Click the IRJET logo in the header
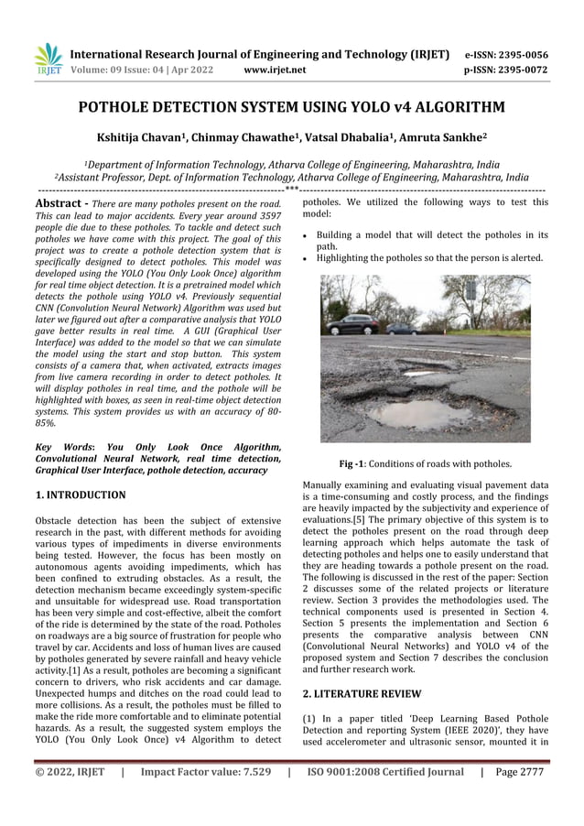coord(47,60)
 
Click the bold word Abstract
coord(59,202)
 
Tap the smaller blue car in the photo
coord(401,328)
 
